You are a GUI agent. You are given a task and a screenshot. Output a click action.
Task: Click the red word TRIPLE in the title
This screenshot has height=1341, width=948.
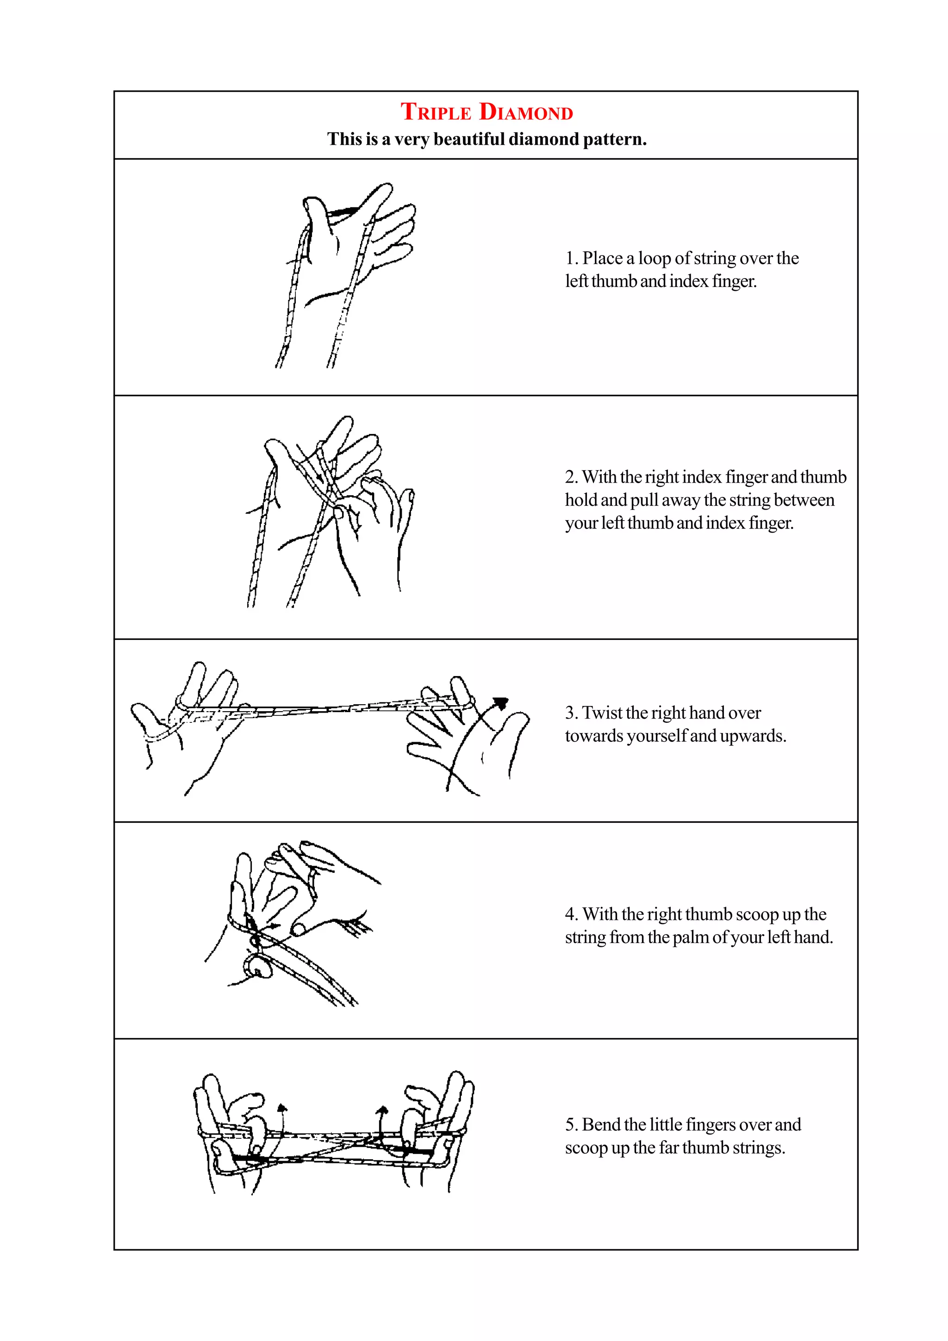pyautogui.click(x=436, y=112)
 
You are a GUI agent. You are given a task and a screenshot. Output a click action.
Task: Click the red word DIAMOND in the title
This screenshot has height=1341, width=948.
pyautogui.click(x=526, y=112)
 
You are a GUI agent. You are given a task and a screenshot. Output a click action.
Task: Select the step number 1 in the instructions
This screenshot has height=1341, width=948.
pyautogui.click(x=570, y=258)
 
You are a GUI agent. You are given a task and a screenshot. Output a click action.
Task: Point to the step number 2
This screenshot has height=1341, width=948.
pyautogui.click(x=571, y=477)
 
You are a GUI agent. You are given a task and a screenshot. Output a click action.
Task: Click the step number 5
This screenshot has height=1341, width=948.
pyautogui.click(x=570, y=1124)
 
